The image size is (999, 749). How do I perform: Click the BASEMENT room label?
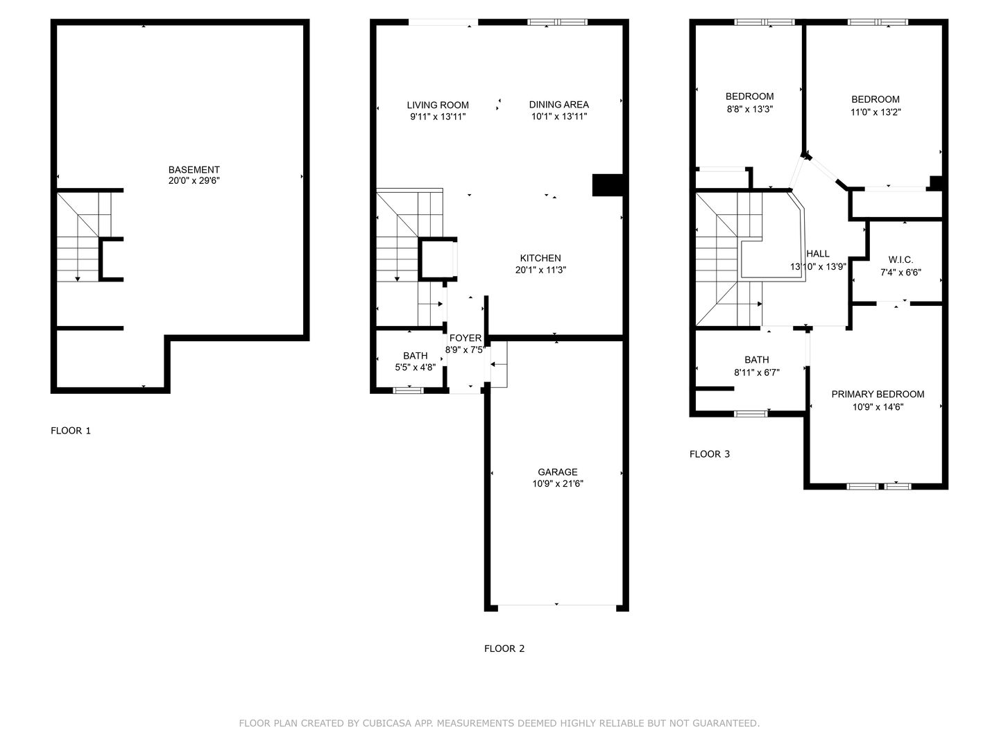point(194,170)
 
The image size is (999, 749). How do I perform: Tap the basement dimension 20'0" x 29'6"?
point(194,181)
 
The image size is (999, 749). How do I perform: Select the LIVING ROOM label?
point(438,105)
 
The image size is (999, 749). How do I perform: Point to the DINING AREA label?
point(559,105)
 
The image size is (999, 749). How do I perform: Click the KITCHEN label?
point(540,258)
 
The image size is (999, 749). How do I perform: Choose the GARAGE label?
point(558,472)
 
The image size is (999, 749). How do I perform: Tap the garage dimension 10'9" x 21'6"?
point(558,484)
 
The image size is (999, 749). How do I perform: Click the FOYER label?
point(465,338)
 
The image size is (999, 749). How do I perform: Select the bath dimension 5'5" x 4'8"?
point(415,368)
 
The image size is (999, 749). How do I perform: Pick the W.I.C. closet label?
point(900,259)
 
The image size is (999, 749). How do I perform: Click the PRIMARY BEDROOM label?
point(878,395)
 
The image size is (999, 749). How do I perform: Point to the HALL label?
point(818,254)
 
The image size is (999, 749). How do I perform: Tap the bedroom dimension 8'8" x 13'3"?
point(749,109)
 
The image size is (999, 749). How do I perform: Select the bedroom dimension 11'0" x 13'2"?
point(876,112)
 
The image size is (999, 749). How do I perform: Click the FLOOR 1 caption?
point(71,431)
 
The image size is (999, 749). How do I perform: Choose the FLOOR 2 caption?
point(504,648)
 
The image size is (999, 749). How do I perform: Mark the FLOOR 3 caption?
point(710,454)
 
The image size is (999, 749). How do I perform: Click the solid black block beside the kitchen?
point(607,185)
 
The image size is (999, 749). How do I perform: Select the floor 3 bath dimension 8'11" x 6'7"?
point(757,373)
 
